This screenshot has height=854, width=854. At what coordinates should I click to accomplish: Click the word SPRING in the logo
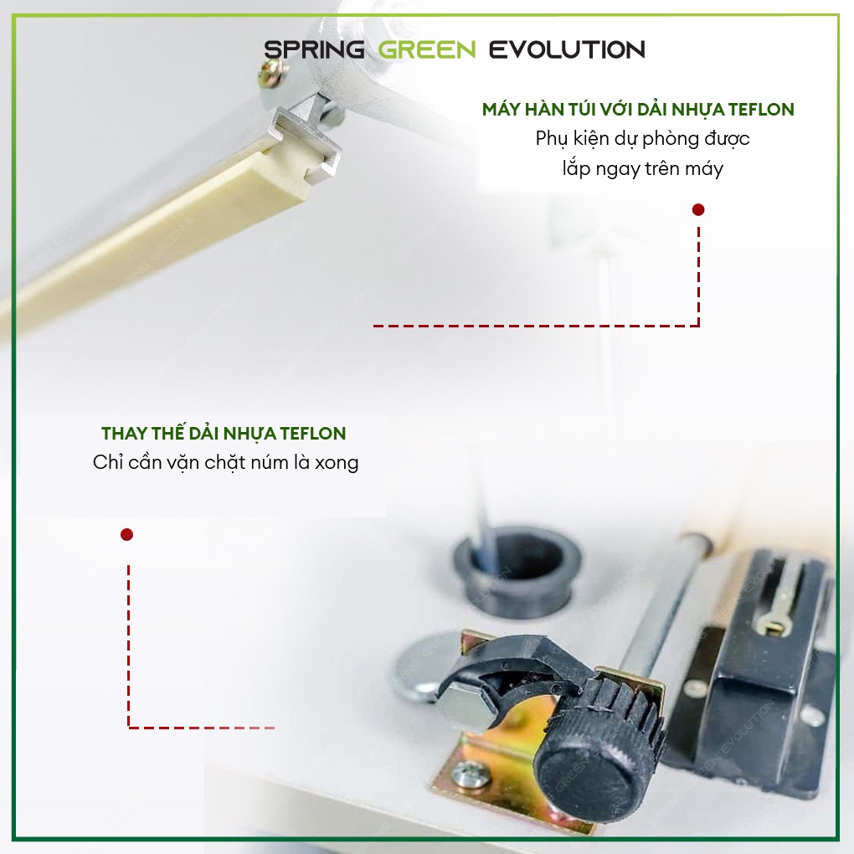pyautogui.click(x=314, y=49)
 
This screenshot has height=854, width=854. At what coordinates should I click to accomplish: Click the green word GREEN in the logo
pyautogui.click(x=427, y=49)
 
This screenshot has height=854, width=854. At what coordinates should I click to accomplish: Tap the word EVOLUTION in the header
pyautogui.click(x=567, y=49)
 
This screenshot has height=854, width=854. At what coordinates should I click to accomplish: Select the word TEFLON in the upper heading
pyautogui.click(x=761, y=110)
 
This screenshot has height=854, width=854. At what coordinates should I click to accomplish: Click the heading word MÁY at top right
pyautogui.click(x=501, y=109)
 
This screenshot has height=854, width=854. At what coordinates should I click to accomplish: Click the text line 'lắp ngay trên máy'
pyautogui.click(x=643, y=169)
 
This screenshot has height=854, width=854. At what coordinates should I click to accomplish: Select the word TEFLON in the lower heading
pyautogui.click(x=313, y=434)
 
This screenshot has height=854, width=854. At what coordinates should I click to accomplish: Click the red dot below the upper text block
pyautogui.click(x=698, y=209)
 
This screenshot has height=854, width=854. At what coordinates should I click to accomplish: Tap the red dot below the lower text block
pyautogui.click(x=127, y=534)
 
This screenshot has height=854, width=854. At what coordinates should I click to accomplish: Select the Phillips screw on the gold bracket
pyautogui.click(x=467, y=774)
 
